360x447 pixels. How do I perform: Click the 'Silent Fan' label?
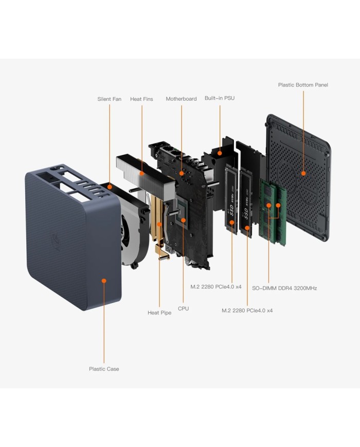(x=109, y=99)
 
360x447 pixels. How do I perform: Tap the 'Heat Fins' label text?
(x=141, y=99)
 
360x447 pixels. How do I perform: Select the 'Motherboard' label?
(x=181, y=99)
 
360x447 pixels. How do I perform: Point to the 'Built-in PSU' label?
(x=220, y=97)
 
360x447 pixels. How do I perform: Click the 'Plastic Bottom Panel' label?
(x=303, y=85)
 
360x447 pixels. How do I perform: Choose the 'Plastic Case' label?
(x=104, y=369)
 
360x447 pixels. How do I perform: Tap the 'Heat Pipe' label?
(x=159, y=312)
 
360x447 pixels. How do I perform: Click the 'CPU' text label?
(x=183, y=309)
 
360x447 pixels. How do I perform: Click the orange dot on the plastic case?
(x=104, y=281)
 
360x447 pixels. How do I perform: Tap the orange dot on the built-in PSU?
(x=220, y=152)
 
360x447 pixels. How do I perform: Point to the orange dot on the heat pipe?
(x=159, y=224)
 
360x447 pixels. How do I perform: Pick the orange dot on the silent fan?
(x=109, y=187)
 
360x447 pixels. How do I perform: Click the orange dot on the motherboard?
(x=181, y=173)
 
